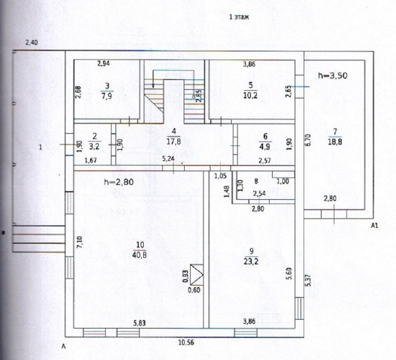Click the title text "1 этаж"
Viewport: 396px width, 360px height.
coord(239,17)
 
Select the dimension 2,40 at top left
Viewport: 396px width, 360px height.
coord(31,43)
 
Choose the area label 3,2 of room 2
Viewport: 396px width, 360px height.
coord(94,146)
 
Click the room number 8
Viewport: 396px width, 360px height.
coord(256,181)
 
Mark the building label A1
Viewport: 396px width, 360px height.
coord(375,225)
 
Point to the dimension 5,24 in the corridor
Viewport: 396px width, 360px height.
coord(169,159)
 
